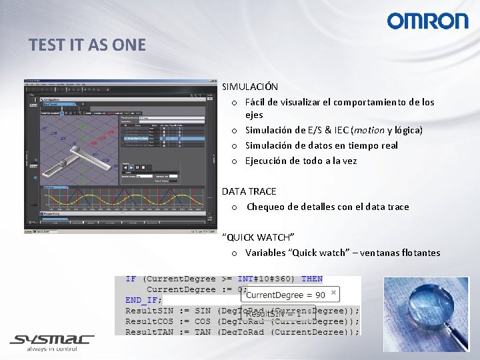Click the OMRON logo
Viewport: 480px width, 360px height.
427,21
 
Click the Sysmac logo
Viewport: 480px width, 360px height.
51,341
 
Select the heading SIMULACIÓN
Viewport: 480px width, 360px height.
250,87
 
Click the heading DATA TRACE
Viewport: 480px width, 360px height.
249,191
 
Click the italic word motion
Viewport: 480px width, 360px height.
369,130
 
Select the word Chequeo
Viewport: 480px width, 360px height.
265,207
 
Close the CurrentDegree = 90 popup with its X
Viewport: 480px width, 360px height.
333,293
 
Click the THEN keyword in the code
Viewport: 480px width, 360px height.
311,279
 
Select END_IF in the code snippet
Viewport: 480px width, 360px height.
143,301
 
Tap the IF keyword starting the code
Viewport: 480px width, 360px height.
131,279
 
